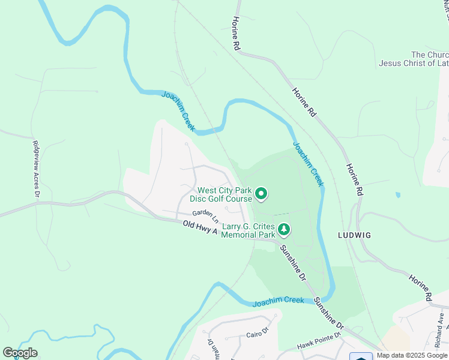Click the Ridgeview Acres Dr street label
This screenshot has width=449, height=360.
point(36,169)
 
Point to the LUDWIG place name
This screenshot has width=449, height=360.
point(354,236)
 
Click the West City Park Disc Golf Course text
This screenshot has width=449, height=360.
point(220,194)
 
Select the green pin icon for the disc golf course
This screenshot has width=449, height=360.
point(261,193)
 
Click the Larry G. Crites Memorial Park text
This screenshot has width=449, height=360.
point(248,230)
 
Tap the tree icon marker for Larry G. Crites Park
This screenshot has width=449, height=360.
point(284,229)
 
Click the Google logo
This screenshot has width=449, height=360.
point(20,353)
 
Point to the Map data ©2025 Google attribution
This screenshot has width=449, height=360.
point(412,355)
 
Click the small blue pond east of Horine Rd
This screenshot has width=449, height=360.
point(397,195)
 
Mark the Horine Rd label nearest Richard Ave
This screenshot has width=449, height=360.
point(421,289)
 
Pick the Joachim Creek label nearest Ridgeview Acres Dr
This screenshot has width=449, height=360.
point(178,111)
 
